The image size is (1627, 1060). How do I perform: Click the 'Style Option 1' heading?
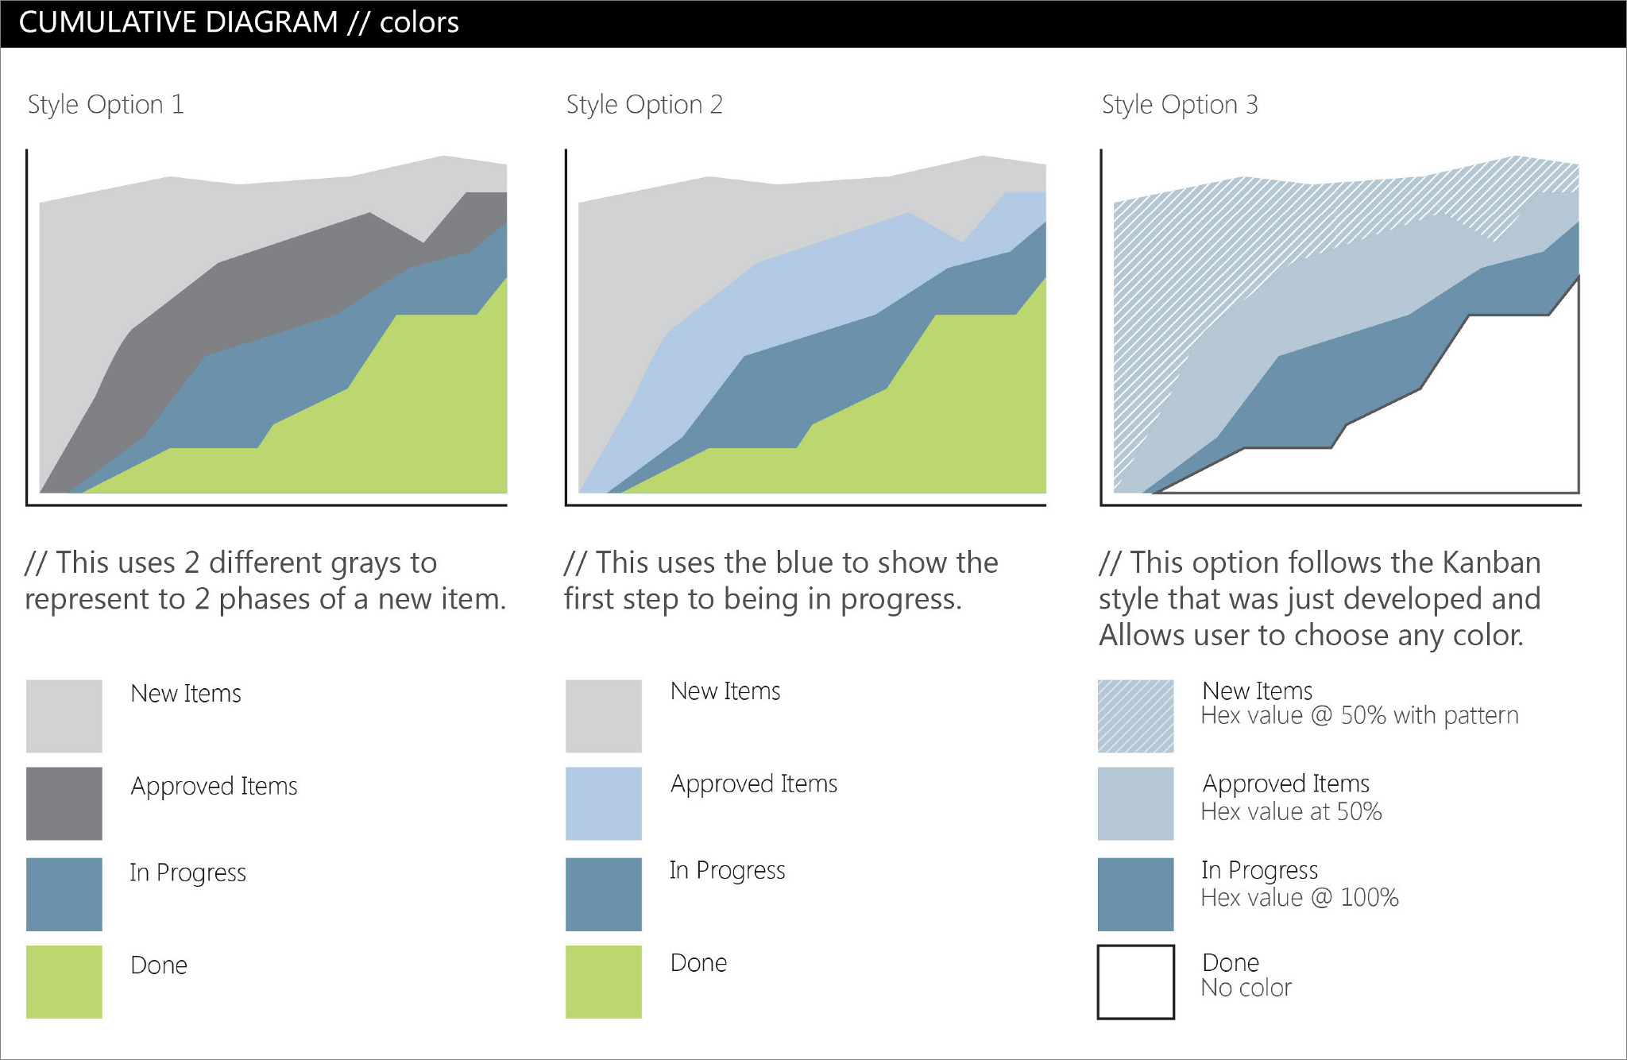pyautogui.click(x=106, y=105)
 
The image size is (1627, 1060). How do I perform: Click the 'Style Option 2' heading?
pyautogui.click(x=644, y=105)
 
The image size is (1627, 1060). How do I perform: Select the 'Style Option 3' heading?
pyautogui.click(x=1180, y=105)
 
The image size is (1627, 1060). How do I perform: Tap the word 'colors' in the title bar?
pyautogui.click(x=419, y=22)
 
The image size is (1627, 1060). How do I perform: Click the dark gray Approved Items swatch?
pyautogui.click(x=64, y=803)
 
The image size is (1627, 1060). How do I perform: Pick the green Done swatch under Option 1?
pyautogui.click(x=64, y=981)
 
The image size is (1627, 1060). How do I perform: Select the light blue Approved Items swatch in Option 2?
pyautogui.click(x=604, y=803)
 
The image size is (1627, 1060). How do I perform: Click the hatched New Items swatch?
pyautogui.click(x=1136, y=716)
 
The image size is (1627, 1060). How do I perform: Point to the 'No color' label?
pyautogui.click(x=1246, y=988)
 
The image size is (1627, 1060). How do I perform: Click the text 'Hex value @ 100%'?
pyautogui.click(x=1300, y=898)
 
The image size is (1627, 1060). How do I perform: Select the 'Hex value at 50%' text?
pyautogui.click(x=1292, y=811)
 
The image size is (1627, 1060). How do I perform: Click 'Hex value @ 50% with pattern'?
pyautogui.click(x=1360, y=716)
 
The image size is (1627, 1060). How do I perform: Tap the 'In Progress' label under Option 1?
pyautogui.click(x=188, y=873)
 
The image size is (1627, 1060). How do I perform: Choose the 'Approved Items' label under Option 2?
pyautogui.click(x=754, y=784)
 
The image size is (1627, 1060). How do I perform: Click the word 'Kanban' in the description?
pyautogui.click(x=1491, y=563)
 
